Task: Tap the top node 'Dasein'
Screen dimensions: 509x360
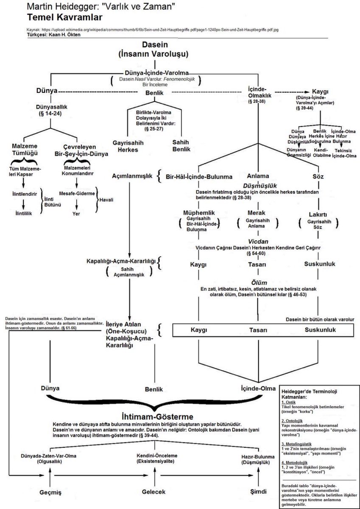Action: point(153,45)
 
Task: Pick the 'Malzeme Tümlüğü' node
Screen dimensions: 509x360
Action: point(24,149)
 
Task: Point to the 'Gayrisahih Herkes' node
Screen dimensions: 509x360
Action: point(119,146)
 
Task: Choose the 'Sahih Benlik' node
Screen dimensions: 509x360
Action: point(181,146)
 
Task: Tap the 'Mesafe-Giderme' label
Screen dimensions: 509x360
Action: point(76,192)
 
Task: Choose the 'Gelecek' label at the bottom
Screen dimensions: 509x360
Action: point(153,492)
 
